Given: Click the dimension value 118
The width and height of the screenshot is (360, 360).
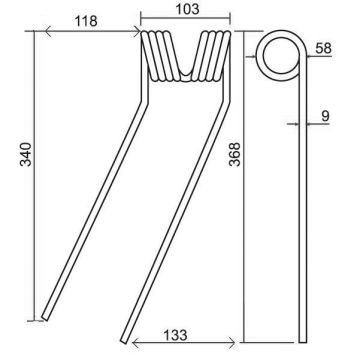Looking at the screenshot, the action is [86, 22].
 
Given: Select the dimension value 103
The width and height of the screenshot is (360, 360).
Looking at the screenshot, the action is [187, 9].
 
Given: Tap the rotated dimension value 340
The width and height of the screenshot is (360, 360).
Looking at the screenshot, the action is [26, 154].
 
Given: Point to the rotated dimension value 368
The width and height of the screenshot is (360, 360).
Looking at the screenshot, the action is [235, 154].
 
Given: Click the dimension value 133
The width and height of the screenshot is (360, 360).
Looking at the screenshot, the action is [175, 335].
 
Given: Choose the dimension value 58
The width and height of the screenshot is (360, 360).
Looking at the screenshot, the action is [323, 48].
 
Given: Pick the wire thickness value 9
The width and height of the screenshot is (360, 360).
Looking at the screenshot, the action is [325, 116].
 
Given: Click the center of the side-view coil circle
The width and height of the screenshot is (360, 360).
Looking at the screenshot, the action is [280, 56].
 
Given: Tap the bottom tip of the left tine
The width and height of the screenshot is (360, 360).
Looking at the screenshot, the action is [45, 318].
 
